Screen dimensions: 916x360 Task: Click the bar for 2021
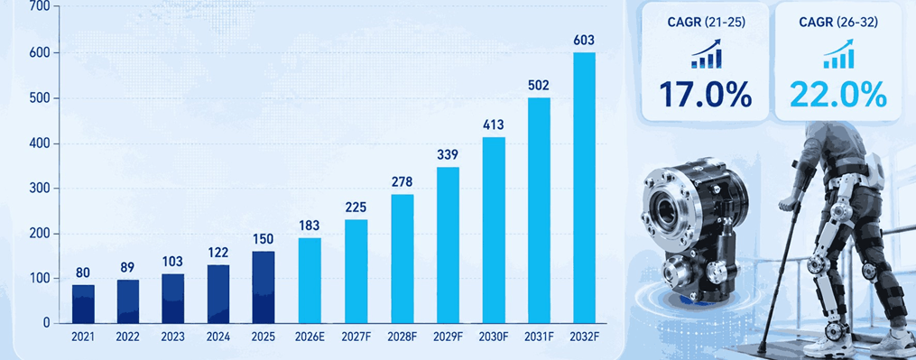(x=84, y=304)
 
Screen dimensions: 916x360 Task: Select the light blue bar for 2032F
(x=584, y=188)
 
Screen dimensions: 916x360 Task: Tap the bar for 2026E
(x=310, y=281)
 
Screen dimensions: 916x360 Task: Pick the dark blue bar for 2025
(x=264, y=288)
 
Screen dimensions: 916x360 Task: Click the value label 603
(x=584, y=41)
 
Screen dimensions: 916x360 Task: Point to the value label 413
(x=494, y=125)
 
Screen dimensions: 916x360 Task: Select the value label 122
(x=218, y=253)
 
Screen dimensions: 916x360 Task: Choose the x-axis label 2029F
(x=448, y=337)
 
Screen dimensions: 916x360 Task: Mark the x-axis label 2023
(x=173, y=337)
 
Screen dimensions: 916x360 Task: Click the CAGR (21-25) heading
(x=705, y=23)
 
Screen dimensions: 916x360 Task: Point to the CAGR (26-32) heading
(x=838, y=23)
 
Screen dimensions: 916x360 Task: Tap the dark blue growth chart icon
(x=707, y=54)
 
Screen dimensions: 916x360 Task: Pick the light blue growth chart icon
(x=839, y=54)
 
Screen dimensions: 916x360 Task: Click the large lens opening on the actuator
(x=667, y=207)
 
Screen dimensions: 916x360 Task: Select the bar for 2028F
(x=402, y=259)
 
